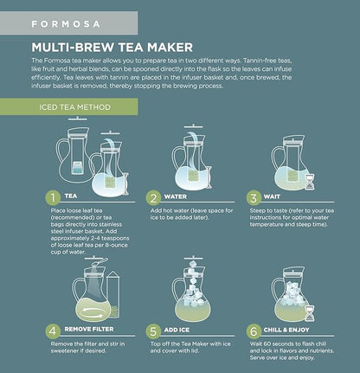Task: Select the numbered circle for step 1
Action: click(52, 197)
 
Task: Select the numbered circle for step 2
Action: click(156, 197)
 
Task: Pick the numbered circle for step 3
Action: click(254, 197)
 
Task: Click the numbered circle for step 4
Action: click(52, 330)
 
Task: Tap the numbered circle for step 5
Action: click(156, 330)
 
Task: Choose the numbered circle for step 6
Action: click(254, 330)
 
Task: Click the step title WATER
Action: click(185, 197)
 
